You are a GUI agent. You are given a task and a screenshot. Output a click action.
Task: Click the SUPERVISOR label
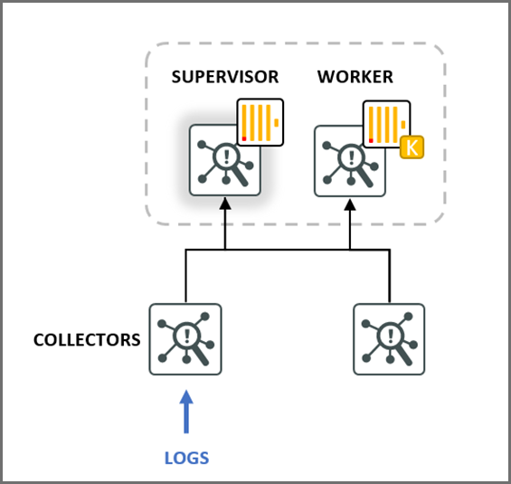point(225,77)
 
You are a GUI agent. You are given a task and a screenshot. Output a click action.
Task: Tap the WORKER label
point(355,77)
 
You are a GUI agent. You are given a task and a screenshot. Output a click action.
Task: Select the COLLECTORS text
point(87,340)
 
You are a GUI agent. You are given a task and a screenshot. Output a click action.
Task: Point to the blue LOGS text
point(186,458)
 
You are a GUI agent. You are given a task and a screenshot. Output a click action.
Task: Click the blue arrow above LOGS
point(186,411)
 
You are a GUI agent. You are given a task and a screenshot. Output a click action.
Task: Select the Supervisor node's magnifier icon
point(225,161)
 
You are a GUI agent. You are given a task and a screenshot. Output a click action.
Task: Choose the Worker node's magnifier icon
point(350,161)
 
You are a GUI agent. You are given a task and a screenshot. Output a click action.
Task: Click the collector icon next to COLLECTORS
point(185,339)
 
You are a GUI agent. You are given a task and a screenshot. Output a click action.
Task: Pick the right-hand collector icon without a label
point(389,339)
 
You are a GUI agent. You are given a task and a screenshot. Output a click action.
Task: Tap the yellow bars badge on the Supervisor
point(260,122)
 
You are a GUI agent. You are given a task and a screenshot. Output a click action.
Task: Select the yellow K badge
point(412,147)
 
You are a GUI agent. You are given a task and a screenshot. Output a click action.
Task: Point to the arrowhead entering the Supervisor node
point(225,206)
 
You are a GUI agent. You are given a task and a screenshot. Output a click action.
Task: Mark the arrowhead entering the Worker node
point(350,206)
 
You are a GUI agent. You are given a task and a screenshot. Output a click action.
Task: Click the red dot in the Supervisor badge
point(244,138)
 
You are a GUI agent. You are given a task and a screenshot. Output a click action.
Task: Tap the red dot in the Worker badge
point(370,139)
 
